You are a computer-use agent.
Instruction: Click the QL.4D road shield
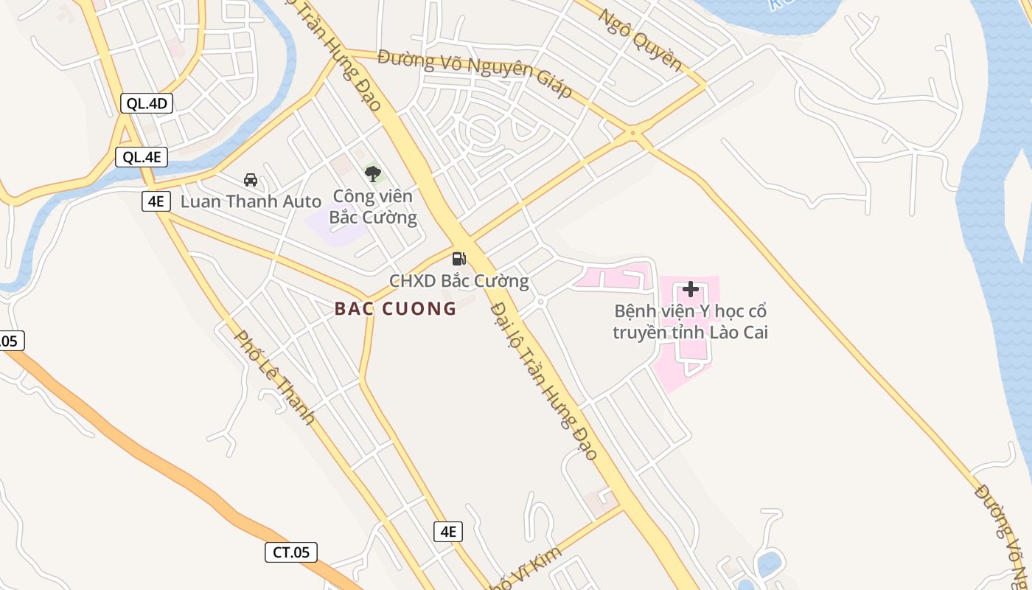(x=147, y=103)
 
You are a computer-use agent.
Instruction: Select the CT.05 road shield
(x=291, y=552)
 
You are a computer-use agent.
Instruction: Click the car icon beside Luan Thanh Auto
(x=251, y=179)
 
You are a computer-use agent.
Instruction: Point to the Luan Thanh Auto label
(x=251, y=201)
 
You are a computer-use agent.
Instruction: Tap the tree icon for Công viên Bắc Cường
(x=373, y=174)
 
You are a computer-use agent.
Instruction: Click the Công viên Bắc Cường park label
(x=373, y=207)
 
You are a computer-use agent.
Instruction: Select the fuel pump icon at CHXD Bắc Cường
(x=459, y=258)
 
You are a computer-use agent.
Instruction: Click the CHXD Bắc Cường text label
(x=459, y=281)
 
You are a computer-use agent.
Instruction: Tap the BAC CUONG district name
(x=396, y=309)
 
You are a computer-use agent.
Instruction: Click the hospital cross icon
(x=691, y=289)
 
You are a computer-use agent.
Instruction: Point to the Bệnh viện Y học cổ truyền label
(x=691, y=322)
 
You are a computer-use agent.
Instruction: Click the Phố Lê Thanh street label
(x=274, y=377)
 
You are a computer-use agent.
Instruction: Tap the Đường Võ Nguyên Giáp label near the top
(x=475, y=73)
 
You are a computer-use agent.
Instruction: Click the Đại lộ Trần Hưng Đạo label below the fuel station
(x=544, y=380)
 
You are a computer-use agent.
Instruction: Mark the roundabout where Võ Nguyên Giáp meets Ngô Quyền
(x=632, y=134)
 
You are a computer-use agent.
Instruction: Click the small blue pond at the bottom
(x=769, y=564)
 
